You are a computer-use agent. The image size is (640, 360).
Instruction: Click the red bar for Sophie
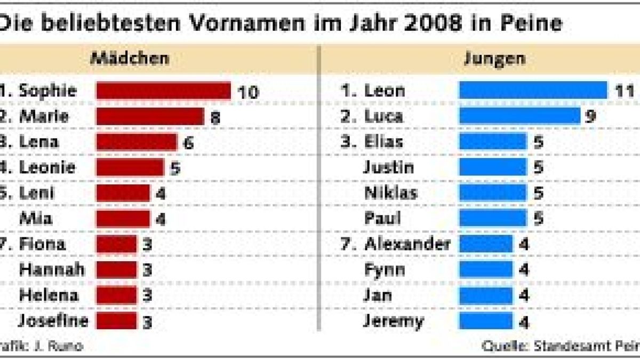click(163, 91)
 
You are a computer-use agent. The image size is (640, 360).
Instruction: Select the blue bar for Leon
click(533, 90)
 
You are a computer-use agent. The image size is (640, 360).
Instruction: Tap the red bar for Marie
click(150, 116)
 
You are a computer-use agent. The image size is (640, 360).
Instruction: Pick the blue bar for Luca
click(519, 116)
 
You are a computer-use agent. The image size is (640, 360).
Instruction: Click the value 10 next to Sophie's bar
click(248, 92)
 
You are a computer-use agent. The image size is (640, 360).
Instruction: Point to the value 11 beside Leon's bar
click(623, 91)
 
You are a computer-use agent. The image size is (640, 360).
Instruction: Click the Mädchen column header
click(130, 58)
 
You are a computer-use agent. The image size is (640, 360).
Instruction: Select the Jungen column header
click(494, 58)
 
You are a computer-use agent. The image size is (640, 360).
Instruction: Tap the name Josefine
click(53, 321)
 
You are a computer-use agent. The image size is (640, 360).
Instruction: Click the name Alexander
click(407, 244)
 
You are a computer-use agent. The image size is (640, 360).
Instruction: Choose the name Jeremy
click(394, 321)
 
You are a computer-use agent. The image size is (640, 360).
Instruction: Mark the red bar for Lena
click(137, 142)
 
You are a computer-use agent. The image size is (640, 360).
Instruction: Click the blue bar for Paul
click(492, 218)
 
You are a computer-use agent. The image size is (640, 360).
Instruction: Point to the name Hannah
click(52, 270)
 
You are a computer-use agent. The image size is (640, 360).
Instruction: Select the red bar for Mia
click(123, 219)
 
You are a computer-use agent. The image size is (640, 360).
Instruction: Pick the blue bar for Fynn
click(486, 270)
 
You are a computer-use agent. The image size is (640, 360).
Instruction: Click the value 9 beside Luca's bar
click(590, 117)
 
